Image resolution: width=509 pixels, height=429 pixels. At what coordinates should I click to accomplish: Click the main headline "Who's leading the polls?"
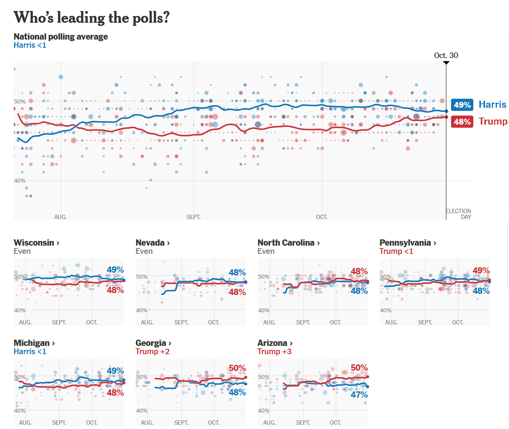(91, 18)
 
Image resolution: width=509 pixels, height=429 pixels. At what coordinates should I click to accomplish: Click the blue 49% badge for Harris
(462, 105)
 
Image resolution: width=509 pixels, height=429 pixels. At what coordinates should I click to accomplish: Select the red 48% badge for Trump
(462, 121)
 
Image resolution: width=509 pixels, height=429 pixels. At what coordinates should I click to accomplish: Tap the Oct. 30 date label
(446, 55)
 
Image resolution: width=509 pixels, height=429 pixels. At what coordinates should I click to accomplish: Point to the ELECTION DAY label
(458, 214)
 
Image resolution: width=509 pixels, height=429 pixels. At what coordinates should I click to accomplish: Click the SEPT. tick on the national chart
(194, 217)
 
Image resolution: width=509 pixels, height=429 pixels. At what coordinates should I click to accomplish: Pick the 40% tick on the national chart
(20, 181)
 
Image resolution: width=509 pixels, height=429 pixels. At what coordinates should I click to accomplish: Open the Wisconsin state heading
(36, 243)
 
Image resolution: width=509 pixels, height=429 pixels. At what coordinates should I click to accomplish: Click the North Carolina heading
(288, 243)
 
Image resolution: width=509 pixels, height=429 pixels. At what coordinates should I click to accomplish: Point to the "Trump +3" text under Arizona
(274, 351)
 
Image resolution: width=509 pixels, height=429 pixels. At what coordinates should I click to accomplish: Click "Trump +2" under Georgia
(152, 351)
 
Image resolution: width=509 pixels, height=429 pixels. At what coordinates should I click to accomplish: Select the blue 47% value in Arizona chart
(359, 395)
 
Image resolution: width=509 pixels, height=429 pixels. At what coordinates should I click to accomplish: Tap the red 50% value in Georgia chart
(237, 368)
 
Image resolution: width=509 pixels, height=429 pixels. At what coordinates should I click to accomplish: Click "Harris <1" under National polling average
(30, 45)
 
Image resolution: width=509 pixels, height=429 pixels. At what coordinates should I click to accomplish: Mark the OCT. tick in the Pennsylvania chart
(458, 322)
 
